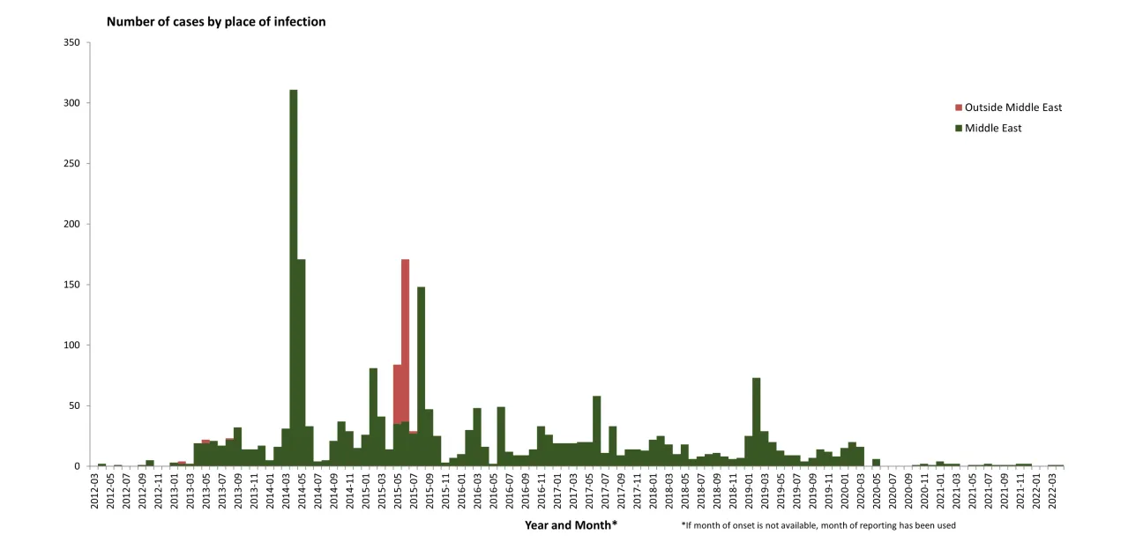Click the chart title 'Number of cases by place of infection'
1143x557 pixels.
click(216, 21)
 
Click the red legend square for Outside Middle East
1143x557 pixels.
click(959, 108)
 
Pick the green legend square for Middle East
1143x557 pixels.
click(959, 129)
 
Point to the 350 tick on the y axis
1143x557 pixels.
click(72, 43)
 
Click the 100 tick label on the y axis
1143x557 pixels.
click(72, 345)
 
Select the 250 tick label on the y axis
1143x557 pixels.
click(72, 164)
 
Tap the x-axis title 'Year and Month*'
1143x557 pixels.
click(571, 525)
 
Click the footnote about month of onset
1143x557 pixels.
click(818, 525)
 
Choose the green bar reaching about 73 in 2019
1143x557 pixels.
click(756, 423)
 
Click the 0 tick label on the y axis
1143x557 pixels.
click(78, 466)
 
